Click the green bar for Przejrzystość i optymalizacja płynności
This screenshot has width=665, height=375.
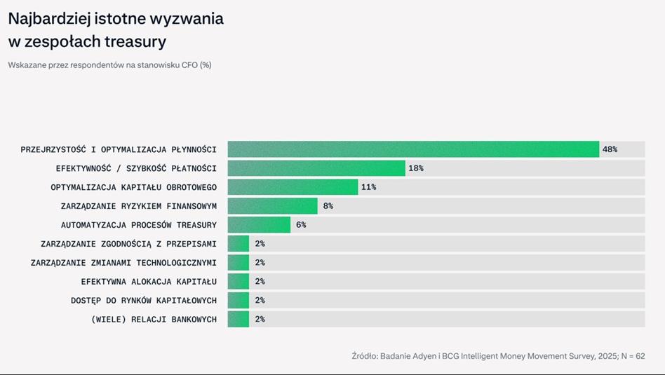pyautogui.click(x=413, y=149)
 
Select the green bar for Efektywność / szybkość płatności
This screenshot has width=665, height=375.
pyautogui.click(x=316, y=168)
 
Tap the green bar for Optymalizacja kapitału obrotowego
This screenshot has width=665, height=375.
pyautogui.click(x=293, y=187)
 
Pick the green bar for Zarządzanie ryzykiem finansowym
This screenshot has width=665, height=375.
pyautogui.click(x=273, y=206)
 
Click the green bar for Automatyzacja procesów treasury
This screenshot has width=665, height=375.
pyautogui.click(x=259, y=224)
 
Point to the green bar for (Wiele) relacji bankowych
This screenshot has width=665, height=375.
pyautogui.click(x=239, y=319)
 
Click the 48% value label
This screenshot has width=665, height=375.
pyautogui.click(x=610, y=149)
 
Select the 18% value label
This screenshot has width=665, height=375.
pyautogui.click(x=415, y=168)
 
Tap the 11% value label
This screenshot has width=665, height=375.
pyautogui.click(x=368, y=187)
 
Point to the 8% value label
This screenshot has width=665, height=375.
pyautogui.click(x=328, y=206)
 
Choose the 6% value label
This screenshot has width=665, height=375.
pyautogui.click(x=301, y=224)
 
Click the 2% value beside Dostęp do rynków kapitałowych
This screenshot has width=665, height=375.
pyautogui.click(x=260, y=301)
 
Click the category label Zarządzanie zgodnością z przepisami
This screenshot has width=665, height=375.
pyautogui.click(x=128, y=244)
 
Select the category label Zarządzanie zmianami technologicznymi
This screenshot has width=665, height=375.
pyautogui.click(x=123, y=263)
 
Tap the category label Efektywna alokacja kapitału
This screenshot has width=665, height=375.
pyautogui.click(x=149, y=282)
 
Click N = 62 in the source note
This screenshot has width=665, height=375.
pyautogui.click(x=633, y=356)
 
